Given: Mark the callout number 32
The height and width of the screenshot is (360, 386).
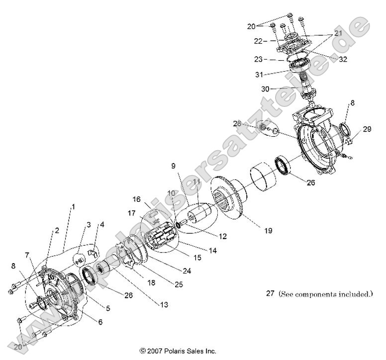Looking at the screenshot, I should pyautogui.click(x=343, y=59).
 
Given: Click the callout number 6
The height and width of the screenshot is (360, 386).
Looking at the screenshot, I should pyautogui.click(x=100, y=322).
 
